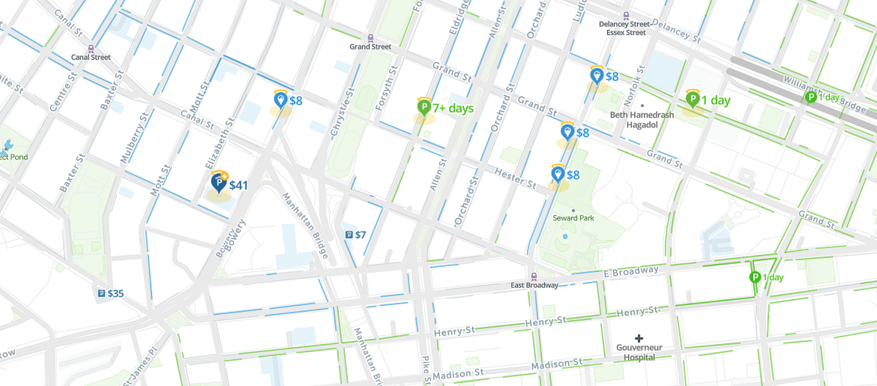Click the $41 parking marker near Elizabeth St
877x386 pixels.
click(219, 183)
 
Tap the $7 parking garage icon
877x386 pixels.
click(349, 235)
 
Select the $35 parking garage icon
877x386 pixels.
click(101, 293)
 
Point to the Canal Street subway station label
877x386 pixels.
click(91, 57)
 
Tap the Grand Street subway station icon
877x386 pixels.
click(370, 38)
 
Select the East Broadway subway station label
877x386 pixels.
click(534, 285)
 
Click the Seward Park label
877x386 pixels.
click(573, 218)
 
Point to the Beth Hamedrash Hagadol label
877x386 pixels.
click(642, 120)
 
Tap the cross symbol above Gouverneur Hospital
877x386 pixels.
click(639, 338)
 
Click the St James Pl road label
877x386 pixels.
click(139, 368)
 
